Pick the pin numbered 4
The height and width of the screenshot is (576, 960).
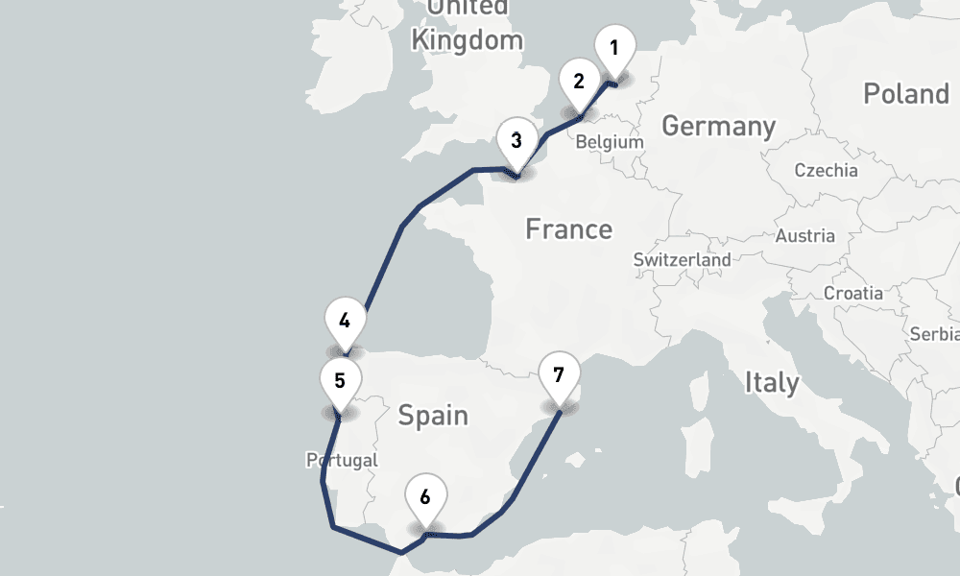coord(345,322)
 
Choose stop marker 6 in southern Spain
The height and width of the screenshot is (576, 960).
coord(425,497)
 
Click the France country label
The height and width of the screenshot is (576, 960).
coord(568,229)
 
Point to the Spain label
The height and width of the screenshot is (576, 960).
coord(433,416)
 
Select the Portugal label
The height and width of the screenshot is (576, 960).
coord(342,461)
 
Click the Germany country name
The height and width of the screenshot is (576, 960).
coord(718,126)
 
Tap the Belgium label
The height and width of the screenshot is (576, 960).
coord(610,142)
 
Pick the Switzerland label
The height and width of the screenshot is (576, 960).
coord(682,259)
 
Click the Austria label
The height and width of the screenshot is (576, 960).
coord(804,236)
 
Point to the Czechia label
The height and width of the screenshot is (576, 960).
coord(826,171)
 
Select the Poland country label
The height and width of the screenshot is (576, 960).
coord(905,94)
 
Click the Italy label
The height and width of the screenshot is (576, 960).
coord(772,383)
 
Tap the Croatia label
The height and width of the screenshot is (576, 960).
coord(852,293)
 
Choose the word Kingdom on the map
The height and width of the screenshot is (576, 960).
coord(467,40)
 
